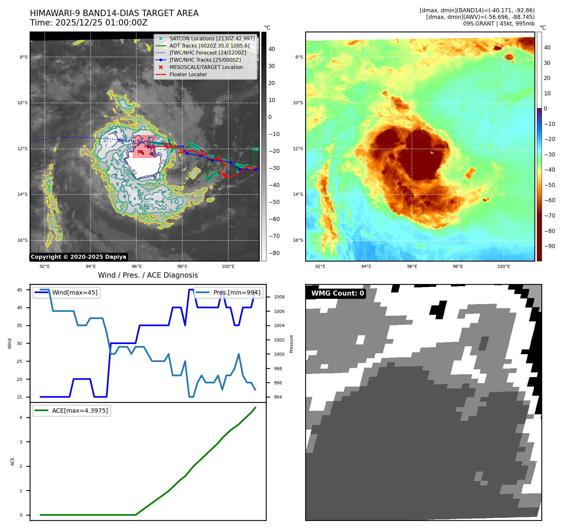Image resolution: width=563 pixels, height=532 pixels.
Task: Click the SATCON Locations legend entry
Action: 212,39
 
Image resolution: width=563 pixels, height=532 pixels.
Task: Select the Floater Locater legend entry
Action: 188,75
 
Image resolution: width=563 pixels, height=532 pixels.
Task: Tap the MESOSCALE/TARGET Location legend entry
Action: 206,67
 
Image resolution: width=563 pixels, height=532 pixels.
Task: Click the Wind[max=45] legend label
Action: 75,292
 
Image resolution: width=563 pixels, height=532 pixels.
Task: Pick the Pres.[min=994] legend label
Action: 237,292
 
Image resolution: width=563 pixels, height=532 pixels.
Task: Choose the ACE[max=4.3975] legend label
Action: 80,410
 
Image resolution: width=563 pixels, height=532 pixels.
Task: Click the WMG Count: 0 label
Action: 338,293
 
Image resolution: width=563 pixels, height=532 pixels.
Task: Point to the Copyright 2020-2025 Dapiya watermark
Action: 78,257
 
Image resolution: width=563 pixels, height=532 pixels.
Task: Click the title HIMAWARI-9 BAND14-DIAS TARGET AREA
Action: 114,13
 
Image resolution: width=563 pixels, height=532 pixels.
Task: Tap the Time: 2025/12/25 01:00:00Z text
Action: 89,23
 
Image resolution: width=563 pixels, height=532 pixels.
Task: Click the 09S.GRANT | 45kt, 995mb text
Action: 499,24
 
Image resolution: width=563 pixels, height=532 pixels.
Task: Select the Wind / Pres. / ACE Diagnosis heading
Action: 148,275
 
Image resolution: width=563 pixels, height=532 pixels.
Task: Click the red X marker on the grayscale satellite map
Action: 139,152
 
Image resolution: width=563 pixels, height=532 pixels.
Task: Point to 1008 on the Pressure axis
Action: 279,297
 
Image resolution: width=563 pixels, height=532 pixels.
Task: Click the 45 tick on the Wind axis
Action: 20,290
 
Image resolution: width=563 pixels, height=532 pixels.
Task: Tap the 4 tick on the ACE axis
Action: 21,417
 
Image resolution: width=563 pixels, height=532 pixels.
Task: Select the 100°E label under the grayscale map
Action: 228,266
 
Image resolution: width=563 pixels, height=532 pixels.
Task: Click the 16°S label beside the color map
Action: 298,240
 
